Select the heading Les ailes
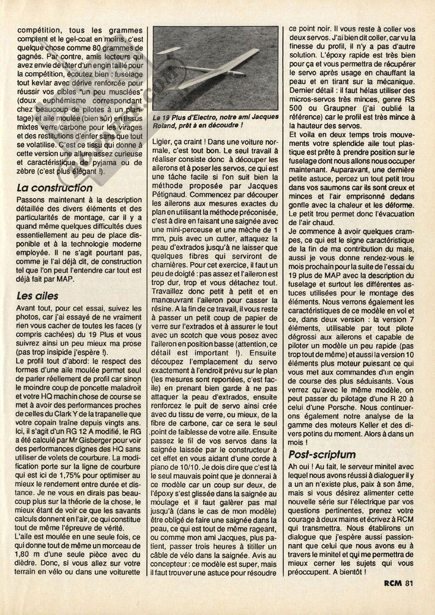(37, 295)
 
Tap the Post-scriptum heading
(322, 454)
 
